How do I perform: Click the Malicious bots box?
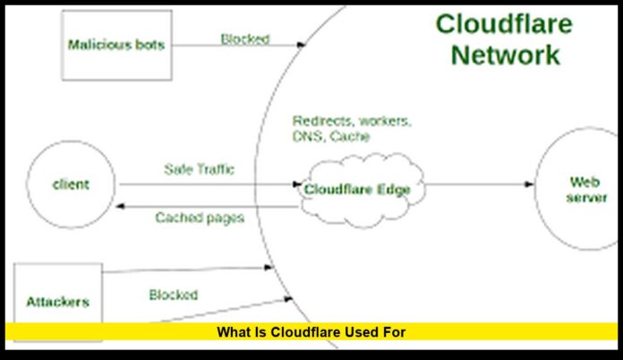pyautogui.click(x=116, y=45)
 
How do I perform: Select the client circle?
pyautogui.click(x=71, y=185)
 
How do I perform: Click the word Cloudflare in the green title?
pyautogui.click(x=498, y=22)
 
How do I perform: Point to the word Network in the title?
pyautogui.click(x=505, y=55)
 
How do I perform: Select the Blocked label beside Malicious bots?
pyautogui.click(x=245, y=39)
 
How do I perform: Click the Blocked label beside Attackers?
pyautogui.click(x=174, y=295)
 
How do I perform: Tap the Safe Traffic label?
pyautogui.click(x=199, y=168)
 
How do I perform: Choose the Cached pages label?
pyautogui.click(x=199, y=218)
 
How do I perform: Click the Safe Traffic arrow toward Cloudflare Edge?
pyautogui.click(x=210, y=185)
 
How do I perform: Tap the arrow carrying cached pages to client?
pyautogui.click(x=210, y=204)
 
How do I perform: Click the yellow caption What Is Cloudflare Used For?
pyautogui.click(x=311, y=332)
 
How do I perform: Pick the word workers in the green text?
pyautogui.click(x=384, y=121)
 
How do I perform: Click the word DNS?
pyautogui.click(x=306, y=137)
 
